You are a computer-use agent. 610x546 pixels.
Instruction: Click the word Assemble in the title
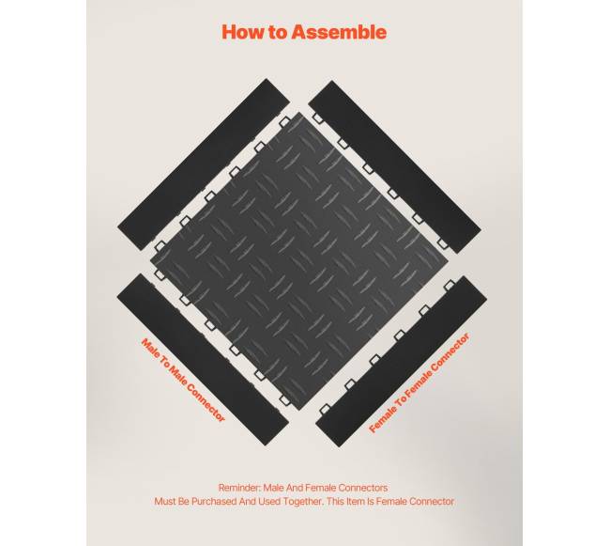pyautogui.click(x=339, y=32)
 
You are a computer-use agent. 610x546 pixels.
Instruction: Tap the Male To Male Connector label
pyautogui.click(x=183, y=380)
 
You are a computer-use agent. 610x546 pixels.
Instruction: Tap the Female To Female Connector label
pyautogui.click(x=419, y=382)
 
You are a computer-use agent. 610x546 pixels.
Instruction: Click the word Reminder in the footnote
pyautogui.click(x=238, y=488)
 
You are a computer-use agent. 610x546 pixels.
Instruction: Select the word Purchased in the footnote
pyautogui.click(x=214, y=501)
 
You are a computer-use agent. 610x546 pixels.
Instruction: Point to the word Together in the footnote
pyautogui.click(x=303, y=501)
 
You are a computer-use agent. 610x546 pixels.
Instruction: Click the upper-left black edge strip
pyautogui.click(x=204, y=164)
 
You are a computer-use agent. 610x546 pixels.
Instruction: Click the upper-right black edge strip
pyautogui.click(x=394, y=166)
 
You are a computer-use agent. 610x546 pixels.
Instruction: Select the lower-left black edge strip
pyautogui.click(x=203, y=359)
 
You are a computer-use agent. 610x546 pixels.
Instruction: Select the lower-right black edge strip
pyautogui.click(x=401, y=362)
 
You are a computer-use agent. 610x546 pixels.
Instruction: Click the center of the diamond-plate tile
pyautogui.click(x=298, y=261)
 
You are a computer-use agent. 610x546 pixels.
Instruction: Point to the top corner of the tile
pyautogui.click(x=299, y=113)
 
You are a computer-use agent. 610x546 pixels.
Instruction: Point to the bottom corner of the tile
pyautogui.click(x=298, y=410)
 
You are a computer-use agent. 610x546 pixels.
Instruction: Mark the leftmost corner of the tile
pyautogui.click(x=150, y=261)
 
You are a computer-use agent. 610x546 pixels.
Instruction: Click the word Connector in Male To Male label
pyautogui.click(x=206, y=403)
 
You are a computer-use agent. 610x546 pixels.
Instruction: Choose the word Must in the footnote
pyautogui.click(x=164, y=501)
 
